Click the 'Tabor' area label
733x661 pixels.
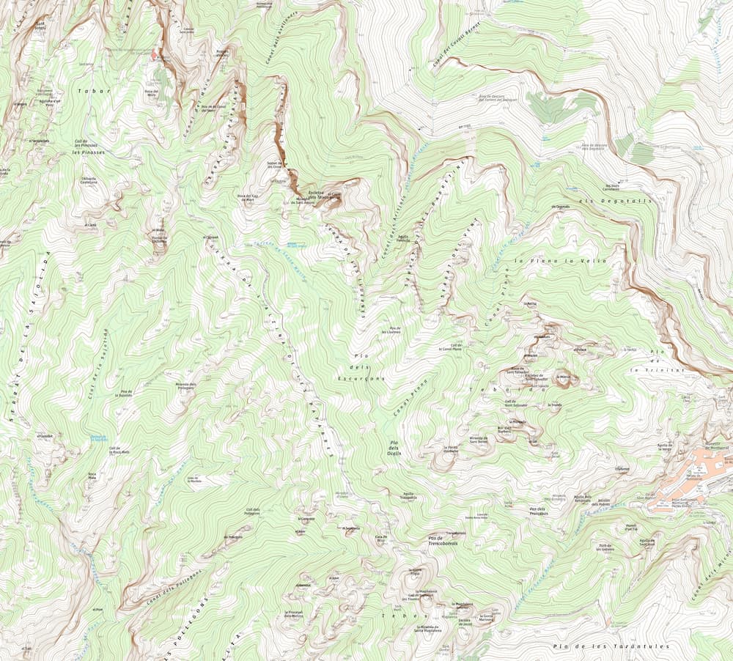pyautogui.click(x=94, y=91)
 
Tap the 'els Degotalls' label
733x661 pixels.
pyautogui.click(x=604, y=201)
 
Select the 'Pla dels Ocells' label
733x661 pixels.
pyautogui.click(x=395, y=448)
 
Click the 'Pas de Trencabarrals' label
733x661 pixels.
pyautogui.click(x=443, y=543)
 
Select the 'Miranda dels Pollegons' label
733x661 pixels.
pyautogui.click(x=187, y=385)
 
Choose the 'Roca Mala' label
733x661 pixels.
pyautogui.click(x=92, y=476)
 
